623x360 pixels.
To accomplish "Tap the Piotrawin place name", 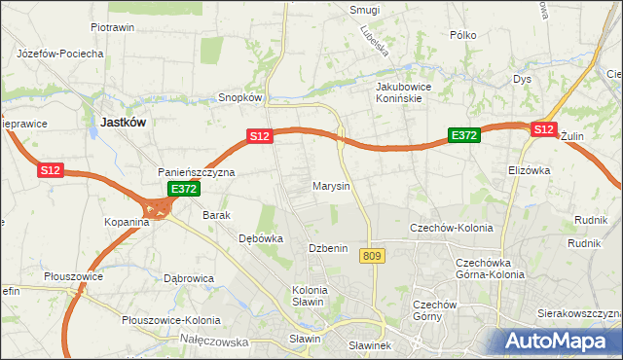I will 111,28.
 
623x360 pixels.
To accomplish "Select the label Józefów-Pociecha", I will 60,54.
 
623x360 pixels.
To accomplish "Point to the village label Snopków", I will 240,97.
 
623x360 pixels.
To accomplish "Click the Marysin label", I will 331,185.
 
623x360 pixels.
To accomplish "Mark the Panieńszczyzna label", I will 197,172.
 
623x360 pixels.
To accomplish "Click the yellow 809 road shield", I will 370,256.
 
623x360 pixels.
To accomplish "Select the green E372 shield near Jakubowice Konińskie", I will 462,136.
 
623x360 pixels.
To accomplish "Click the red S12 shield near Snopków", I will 258,137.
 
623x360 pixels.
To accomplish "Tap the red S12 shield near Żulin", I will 543,128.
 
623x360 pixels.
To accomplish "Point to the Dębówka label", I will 261,237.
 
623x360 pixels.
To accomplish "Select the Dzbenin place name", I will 328,248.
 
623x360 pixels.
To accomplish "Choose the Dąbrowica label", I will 189,278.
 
